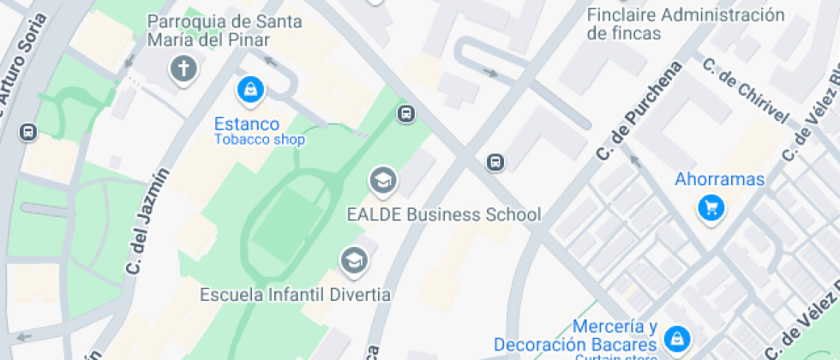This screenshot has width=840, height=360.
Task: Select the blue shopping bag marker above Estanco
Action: (x=249, y=88)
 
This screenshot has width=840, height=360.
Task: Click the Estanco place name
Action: (x=247, y=124)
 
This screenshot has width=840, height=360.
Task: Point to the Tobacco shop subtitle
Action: (x=259, y=140)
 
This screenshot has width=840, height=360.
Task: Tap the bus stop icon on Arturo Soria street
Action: (x=27, y=132)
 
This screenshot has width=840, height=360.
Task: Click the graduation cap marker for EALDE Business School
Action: (x=382, y=180)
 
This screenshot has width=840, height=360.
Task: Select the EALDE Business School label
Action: (x=443, y=214)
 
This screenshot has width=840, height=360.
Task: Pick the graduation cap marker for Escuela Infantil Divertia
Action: (x=353, y=259)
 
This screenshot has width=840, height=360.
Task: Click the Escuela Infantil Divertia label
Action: (x=295, y=295)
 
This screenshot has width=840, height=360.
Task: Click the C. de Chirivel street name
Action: (x=743, y=92)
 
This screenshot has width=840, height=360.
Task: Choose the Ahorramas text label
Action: (x=719, y=179)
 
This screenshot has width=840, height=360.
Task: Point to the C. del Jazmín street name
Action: (x=147, y=221)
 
